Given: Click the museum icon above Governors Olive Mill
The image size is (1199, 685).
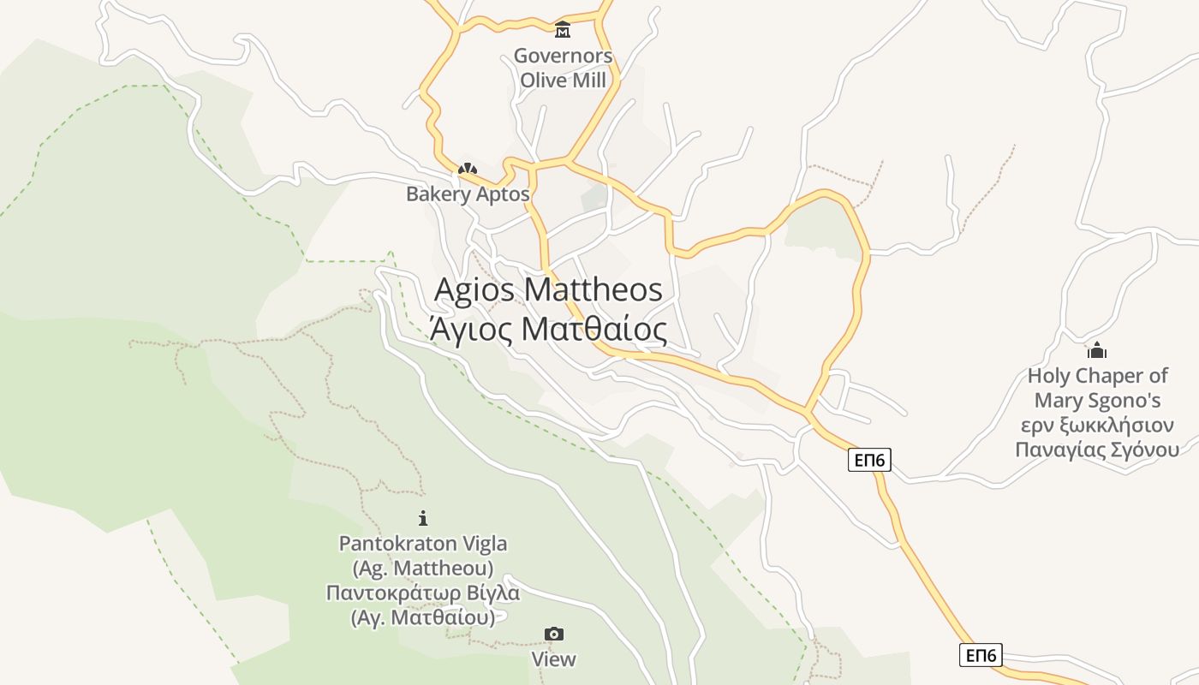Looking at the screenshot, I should [x=563, y=30].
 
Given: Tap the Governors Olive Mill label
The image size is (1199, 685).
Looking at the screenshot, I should [x=563, y=68].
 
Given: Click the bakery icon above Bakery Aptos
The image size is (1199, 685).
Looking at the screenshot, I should [x=467, y=170].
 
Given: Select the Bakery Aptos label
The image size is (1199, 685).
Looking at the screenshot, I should [x=468, y=194].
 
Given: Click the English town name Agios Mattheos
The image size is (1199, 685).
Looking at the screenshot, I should [x=548, y=290].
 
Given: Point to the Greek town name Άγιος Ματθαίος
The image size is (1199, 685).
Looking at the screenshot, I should [x=548, y=329].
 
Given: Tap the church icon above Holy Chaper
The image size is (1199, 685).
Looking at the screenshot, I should [x=1097, y=350].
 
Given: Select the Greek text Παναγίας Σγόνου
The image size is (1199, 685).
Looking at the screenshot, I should [x=1097, y=450].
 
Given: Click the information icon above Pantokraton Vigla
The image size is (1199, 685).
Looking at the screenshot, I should [x=422, y=518].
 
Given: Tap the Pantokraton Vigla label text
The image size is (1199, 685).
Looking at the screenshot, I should [x=423, y=544].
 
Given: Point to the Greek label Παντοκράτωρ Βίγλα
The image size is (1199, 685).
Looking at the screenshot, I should [x=423, y=593].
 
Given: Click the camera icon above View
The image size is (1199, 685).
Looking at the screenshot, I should [x=554, y=634].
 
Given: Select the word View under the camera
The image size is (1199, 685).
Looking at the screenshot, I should [x=554, y=659].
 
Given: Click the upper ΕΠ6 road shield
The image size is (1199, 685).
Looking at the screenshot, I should [x=870, y=461].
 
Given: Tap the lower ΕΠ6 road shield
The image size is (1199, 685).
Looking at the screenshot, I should [x=981, y=656].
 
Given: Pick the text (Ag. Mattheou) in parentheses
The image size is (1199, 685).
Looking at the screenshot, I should [x=423, y=569].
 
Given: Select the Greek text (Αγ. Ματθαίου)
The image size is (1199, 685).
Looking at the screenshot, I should [x=423, y=617].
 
